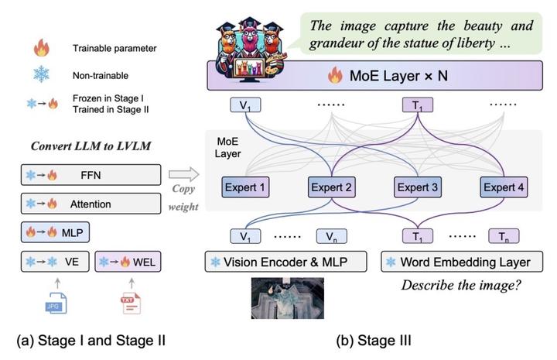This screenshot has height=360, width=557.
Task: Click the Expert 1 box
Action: (244, 187)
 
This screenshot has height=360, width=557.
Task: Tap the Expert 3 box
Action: (419, 187)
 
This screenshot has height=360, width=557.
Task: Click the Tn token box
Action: (504, 235)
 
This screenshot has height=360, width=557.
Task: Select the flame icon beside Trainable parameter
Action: (39, 49)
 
